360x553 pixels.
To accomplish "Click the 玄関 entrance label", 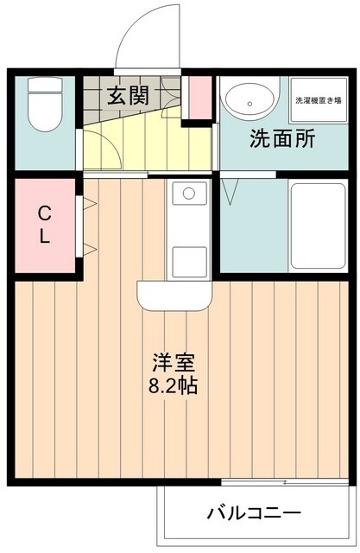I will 126,96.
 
